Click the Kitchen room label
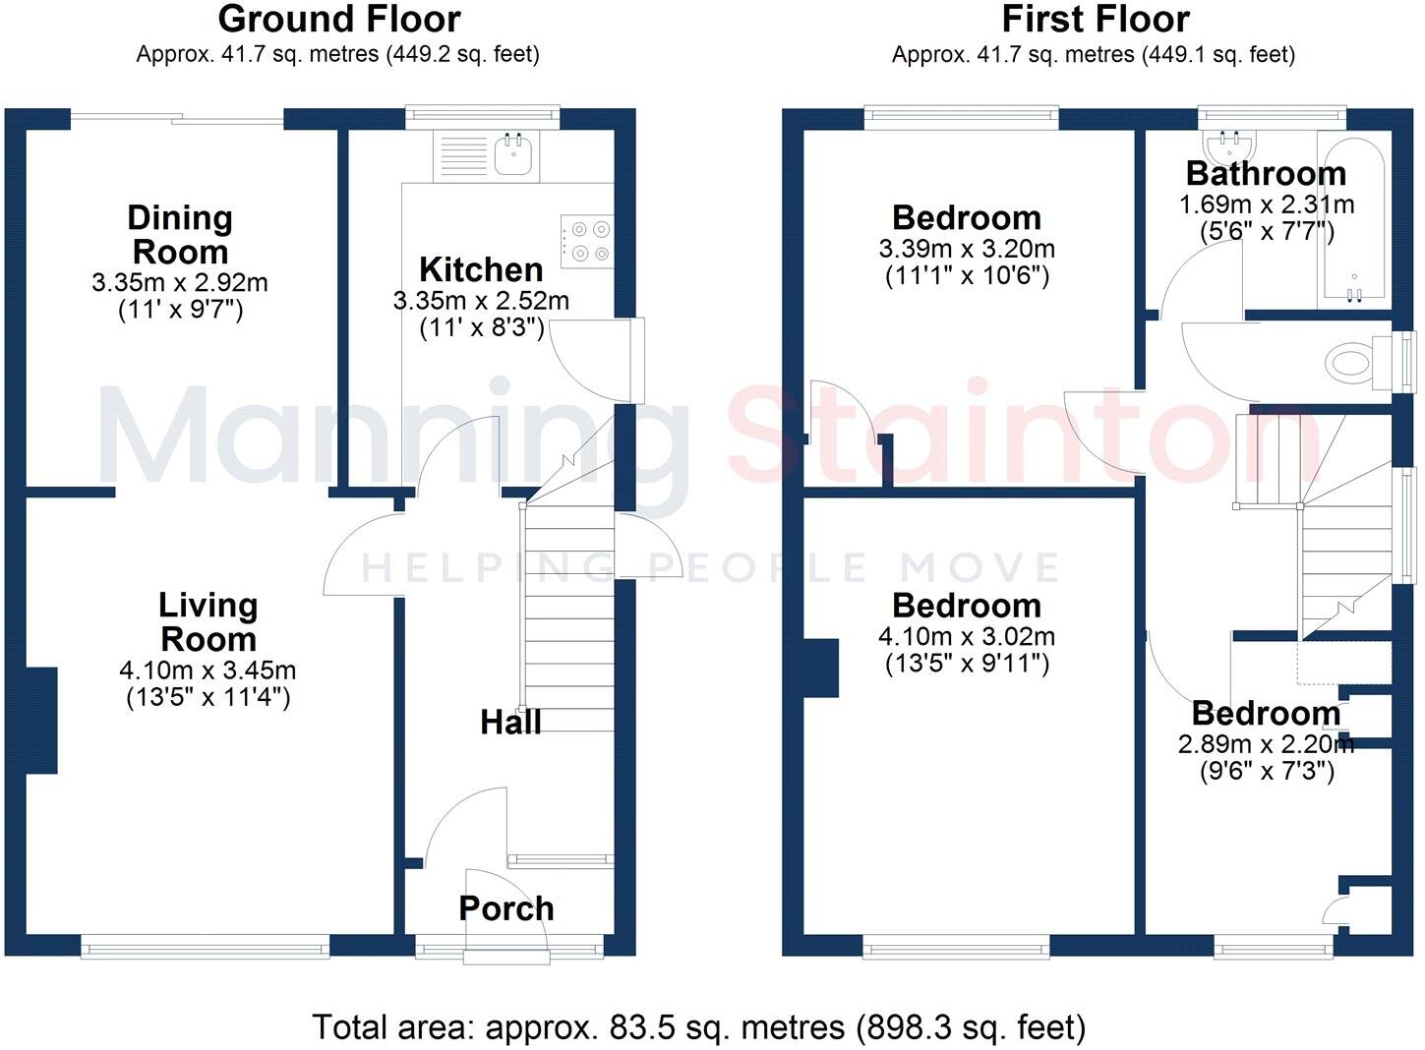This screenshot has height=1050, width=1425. click(x=481, y=269)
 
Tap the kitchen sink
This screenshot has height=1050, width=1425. click(x=514, y=154)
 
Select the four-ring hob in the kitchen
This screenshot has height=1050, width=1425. click(x=587, y=241)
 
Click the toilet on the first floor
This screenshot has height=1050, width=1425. click(x=1354, y=362)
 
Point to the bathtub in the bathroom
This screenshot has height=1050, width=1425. click(x=1354, y=221)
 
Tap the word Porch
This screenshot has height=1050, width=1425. click(x=505, y=908)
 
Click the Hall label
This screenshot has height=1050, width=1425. click(x=510, y=723)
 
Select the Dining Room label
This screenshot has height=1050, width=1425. click(x=180, y=234)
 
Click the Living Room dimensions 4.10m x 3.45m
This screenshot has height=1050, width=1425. click(x=208, y=671)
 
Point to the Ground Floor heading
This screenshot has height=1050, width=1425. click(x=338, y=19)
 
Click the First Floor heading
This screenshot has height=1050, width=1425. click(x=1095, y=19)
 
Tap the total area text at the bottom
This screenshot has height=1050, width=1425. click(x=698, y=1027)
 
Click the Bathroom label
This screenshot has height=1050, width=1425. click(x=1266, y=173)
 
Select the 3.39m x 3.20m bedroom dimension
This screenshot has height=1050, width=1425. click(x=967, y=249)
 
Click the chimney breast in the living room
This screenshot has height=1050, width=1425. click(x=41, y=720)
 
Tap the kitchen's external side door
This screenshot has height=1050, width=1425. click(x=637, y=360)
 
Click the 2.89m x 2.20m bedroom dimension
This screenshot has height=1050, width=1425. click(x=1266, y=744)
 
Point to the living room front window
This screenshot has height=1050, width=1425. click(x=205, y=948)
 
